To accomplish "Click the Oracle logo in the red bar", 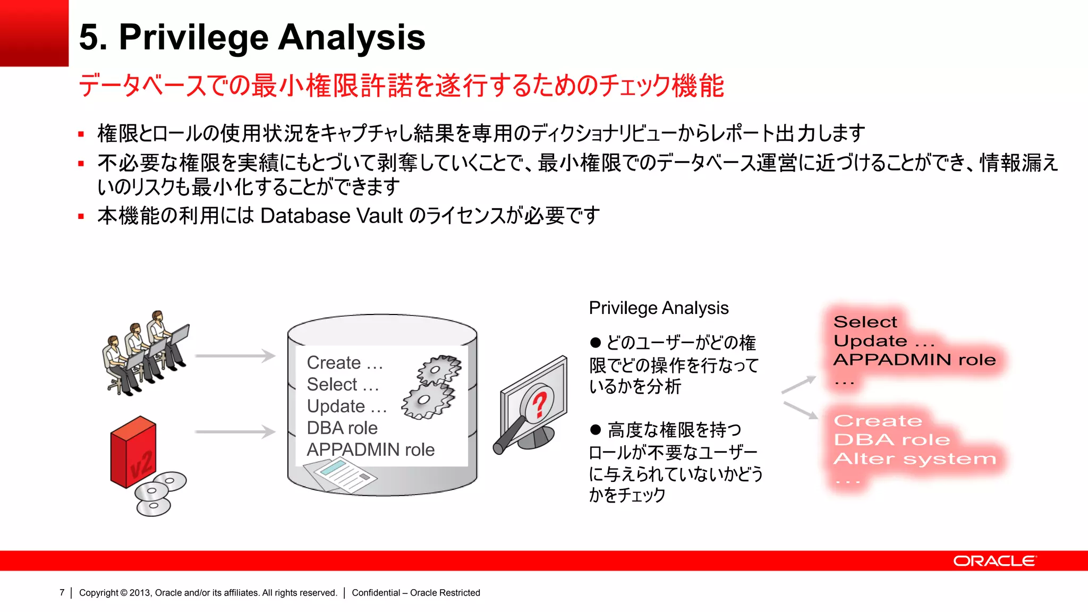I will pos(994,561).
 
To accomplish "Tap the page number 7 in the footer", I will pos(62,592).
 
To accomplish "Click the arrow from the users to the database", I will pos(235,356).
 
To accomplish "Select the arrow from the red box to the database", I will pos(235,432).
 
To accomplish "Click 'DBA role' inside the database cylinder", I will pos(342,428).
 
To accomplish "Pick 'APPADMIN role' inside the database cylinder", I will pos(370,449).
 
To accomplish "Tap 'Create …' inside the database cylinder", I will pos(345,362).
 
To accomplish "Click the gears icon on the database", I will pos(431,387).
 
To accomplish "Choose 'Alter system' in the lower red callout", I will pos(914,458).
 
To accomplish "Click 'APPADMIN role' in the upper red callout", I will pos(914,360).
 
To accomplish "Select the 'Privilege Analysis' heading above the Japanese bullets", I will pos(659,308).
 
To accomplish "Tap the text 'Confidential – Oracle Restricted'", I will pos(415,592).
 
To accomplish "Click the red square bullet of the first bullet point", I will pos(81,134).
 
